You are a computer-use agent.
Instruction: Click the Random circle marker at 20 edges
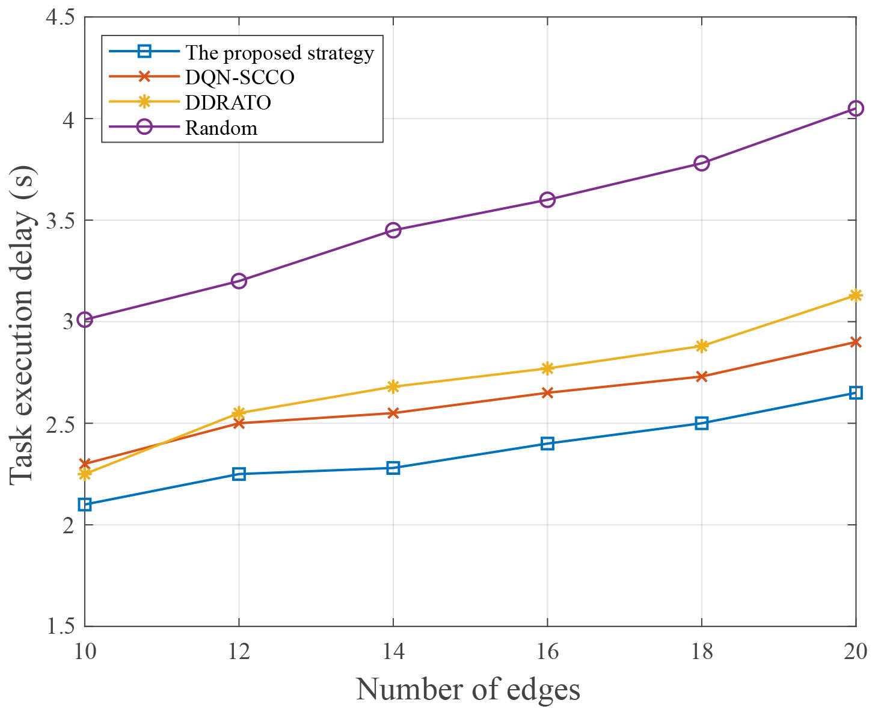pyautogui.click(x=855, y=108)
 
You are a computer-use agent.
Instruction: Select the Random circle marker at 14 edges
pyautogui.click(x=393, y=230)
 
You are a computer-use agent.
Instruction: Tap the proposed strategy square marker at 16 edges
pyautogui.click(x=547, y=444)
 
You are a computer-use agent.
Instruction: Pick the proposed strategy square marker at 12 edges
pyautogui.click(x=239, y=474)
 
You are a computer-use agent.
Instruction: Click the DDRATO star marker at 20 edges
pyautogui.click(x=855, y=295)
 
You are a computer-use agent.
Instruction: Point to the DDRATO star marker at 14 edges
pyautogui.click(x=393, y=386)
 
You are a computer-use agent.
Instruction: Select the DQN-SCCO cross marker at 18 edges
pyautogui.click(x=701, y=377)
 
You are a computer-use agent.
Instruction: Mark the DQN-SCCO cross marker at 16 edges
pyautogui.click(x=547, y=393)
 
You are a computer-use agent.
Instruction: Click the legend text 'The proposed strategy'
pyautogui.click(x=280, y=53)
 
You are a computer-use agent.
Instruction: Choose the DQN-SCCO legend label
pyautogui.click(x=239, y=78)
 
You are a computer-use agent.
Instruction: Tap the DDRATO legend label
pyautogui.click(x=228, y=103)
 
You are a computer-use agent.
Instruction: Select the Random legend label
pyautogui.click(x=221, y=128)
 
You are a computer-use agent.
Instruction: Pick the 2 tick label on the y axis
pyautogui.click(x=67, y=525)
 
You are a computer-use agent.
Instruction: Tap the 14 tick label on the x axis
pyautogui.click(x=393, y=651)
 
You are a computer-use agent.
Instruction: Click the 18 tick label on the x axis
pyautogui.click(x=701, y=651)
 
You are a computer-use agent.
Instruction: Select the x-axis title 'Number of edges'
pyautogui.click(x=468, y=689)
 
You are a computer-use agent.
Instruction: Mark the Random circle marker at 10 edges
pyautogui.click(x=85, y=320)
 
